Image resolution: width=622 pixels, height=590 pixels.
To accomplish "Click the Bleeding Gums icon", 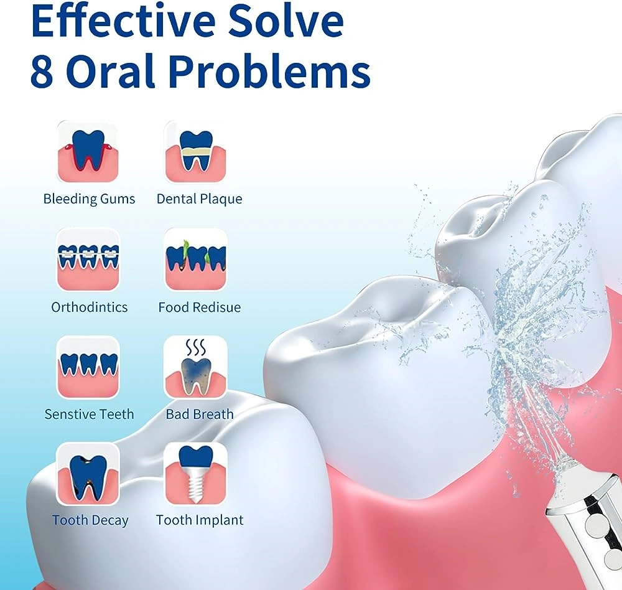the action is [x=88, y=152].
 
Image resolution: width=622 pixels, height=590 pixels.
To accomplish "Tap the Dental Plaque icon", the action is [x=195, y=152].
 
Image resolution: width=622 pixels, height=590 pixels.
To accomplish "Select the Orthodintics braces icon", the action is [x=88, y=260].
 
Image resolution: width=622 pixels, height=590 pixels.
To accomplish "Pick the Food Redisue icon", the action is [x=195, y=260].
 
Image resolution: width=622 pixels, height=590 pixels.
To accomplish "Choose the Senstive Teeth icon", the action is [x=88, y=367].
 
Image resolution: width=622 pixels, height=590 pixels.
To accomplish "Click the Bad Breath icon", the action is [x=195, y=367].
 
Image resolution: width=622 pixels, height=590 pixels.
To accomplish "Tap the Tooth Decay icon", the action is [x=88, y=474].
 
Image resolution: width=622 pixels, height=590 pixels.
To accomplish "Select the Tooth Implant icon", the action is [x=195, y=474].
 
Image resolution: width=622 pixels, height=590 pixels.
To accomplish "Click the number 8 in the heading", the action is [x=42, y=72].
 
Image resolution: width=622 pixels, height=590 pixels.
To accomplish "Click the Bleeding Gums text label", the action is [x=89, y=199].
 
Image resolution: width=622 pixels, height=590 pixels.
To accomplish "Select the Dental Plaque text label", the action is [x=199, y=199].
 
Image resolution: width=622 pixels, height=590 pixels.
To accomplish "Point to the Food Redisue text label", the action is [x=199, y=307].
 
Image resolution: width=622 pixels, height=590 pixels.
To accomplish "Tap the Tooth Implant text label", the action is [x=200, y=520].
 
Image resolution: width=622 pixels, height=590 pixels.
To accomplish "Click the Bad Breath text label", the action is [x=200, y=414].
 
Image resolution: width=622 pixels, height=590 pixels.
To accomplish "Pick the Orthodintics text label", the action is [x=89, y=307].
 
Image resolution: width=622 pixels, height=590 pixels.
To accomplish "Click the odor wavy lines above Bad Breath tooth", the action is [x=195, y=348].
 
